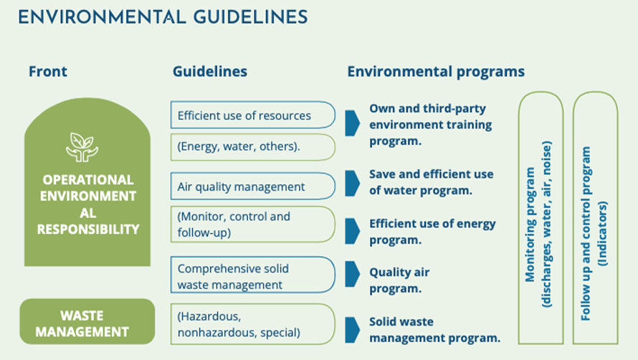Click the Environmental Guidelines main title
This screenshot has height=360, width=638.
pos(163,17)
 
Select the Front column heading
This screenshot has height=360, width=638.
pos(47,72)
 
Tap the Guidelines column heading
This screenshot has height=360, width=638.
pos(210,72)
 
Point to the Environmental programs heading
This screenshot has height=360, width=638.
pos(436,72)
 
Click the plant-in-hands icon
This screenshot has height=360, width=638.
pos(82,147)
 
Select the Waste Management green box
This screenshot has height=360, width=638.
pos(87,322)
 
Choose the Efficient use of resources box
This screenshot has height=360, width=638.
pos(252,115)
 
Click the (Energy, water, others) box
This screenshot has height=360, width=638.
pos(252,147)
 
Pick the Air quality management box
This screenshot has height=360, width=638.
pos(252,186)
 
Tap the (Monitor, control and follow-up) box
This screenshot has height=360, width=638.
pos(252,224)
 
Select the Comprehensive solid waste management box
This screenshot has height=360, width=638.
pos(252,275)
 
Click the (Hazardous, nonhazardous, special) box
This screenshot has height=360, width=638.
pos(252,324)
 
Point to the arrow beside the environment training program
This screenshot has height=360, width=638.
pos(353,123)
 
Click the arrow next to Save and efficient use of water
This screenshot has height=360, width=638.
pos(353,184)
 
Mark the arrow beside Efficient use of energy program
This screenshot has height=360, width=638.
pos(353,231)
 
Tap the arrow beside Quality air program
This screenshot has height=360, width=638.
pos(353,274)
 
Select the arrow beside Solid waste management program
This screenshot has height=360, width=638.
pos(353,330)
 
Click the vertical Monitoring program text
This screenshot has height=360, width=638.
pos(538,224)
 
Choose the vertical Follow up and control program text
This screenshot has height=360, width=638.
pos(594,233)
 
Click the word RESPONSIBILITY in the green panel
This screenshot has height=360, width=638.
pos(88,229)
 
